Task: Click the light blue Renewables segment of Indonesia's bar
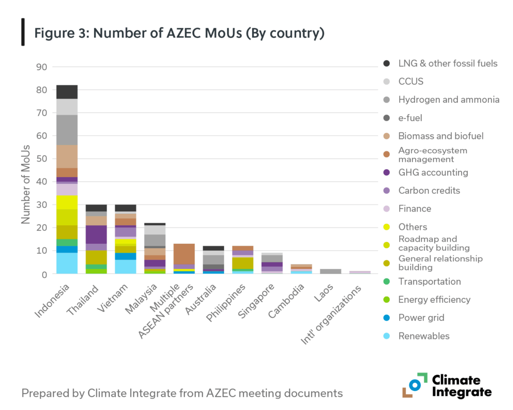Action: point(67,263)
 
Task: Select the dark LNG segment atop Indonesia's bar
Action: point(67,92)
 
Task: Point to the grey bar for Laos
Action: point(331,271)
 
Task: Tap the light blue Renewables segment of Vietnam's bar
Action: point(125,266)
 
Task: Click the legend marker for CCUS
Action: point(386,82)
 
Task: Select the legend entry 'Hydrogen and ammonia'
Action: point(448,100)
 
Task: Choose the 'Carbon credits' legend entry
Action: point(429,190)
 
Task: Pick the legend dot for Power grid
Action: point(386,318)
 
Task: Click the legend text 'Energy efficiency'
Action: point(434,299)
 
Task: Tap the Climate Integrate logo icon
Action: point(414,385)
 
